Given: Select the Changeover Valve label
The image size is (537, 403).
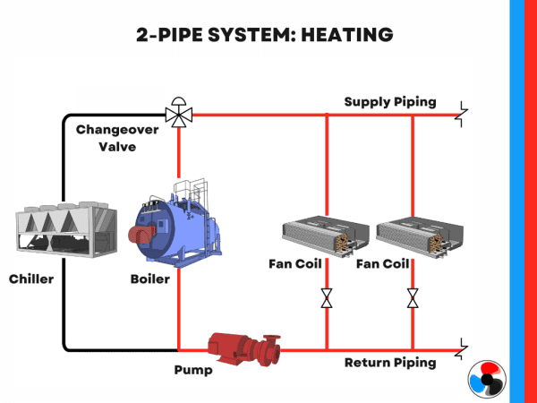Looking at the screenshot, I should click(117, 137).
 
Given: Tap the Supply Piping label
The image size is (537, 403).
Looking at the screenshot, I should click(390, 101).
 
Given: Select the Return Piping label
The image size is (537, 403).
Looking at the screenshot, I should click(390, 363).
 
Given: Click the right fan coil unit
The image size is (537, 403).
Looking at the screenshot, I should click(414, 236).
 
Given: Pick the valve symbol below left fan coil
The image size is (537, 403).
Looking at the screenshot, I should click(327, 298).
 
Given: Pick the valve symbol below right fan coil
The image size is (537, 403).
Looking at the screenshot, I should click(413, 298).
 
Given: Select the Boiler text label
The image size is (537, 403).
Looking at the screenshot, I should click(149, 279).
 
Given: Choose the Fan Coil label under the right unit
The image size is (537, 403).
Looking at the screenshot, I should click(383, 264).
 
